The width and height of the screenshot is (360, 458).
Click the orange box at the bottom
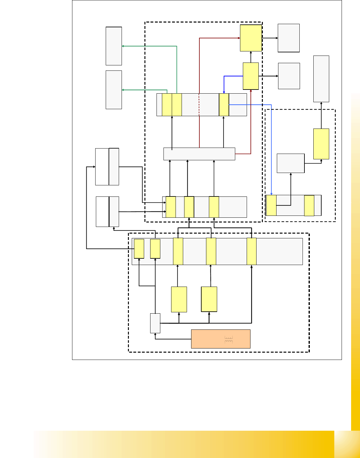220,339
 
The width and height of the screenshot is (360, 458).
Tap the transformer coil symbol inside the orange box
229,340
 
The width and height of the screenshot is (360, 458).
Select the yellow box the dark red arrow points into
251,38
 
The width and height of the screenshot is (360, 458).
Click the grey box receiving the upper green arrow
114,46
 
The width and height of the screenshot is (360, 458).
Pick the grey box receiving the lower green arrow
114,90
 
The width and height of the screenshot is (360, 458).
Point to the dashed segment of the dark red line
199,105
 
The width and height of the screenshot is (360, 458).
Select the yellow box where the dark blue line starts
250,76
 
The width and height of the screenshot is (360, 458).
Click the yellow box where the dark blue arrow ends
224,105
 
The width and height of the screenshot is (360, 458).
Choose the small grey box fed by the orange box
155,323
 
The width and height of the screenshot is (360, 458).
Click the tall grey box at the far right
321,79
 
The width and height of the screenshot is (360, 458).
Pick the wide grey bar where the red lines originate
199,154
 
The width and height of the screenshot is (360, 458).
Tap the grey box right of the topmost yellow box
289,38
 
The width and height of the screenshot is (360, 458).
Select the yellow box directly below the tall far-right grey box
321,144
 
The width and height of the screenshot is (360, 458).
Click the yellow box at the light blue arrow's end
271,205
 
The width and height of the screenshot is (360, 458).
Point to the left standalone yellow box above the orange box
179,299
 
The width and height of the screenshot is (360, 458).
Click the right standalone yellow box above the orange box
209,299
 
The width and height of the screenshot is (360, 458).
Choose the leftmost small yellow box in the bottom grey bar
139,249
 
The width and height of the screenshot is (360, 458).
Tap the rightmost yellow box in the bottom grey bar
251,251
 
